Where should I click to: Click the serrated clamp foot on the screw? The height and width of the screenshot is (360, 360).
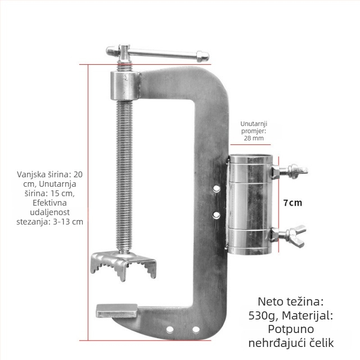(123, 265)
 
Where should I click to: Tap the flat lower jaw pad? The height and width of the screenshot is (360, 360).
(117, 310)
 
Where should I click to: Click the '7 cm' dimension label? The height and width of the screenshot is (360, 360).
(292, 203)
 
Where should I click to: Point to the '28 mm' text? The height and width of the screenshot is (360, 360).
(254, 138)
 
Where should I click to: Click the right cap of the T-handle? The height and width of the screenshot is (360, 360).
(202, 56)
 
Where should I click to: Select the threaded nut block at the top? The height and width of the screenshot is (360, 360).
(125, 85)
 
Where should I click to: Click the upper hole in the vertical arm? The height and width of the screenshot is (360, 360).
(216, 189)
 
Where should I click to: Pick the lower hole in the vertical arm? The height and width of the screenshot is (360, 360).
(216, 215)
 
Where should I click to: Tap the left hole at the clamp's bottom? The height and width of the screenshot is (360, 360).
(170, 329)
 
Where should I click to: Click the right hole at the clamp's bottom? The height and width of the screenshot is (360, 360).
(196, 329)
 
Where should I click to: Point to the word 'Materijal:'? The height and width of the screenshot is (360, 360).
(307, 315)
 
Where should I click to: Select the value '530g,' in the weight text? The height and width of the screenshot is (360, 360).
(264, 316)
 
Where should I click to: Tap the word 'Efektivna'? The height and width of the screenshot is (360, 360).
(49, 203)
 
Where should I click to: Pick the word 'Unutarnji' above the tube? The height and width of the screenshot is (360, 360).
(254, 124)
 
